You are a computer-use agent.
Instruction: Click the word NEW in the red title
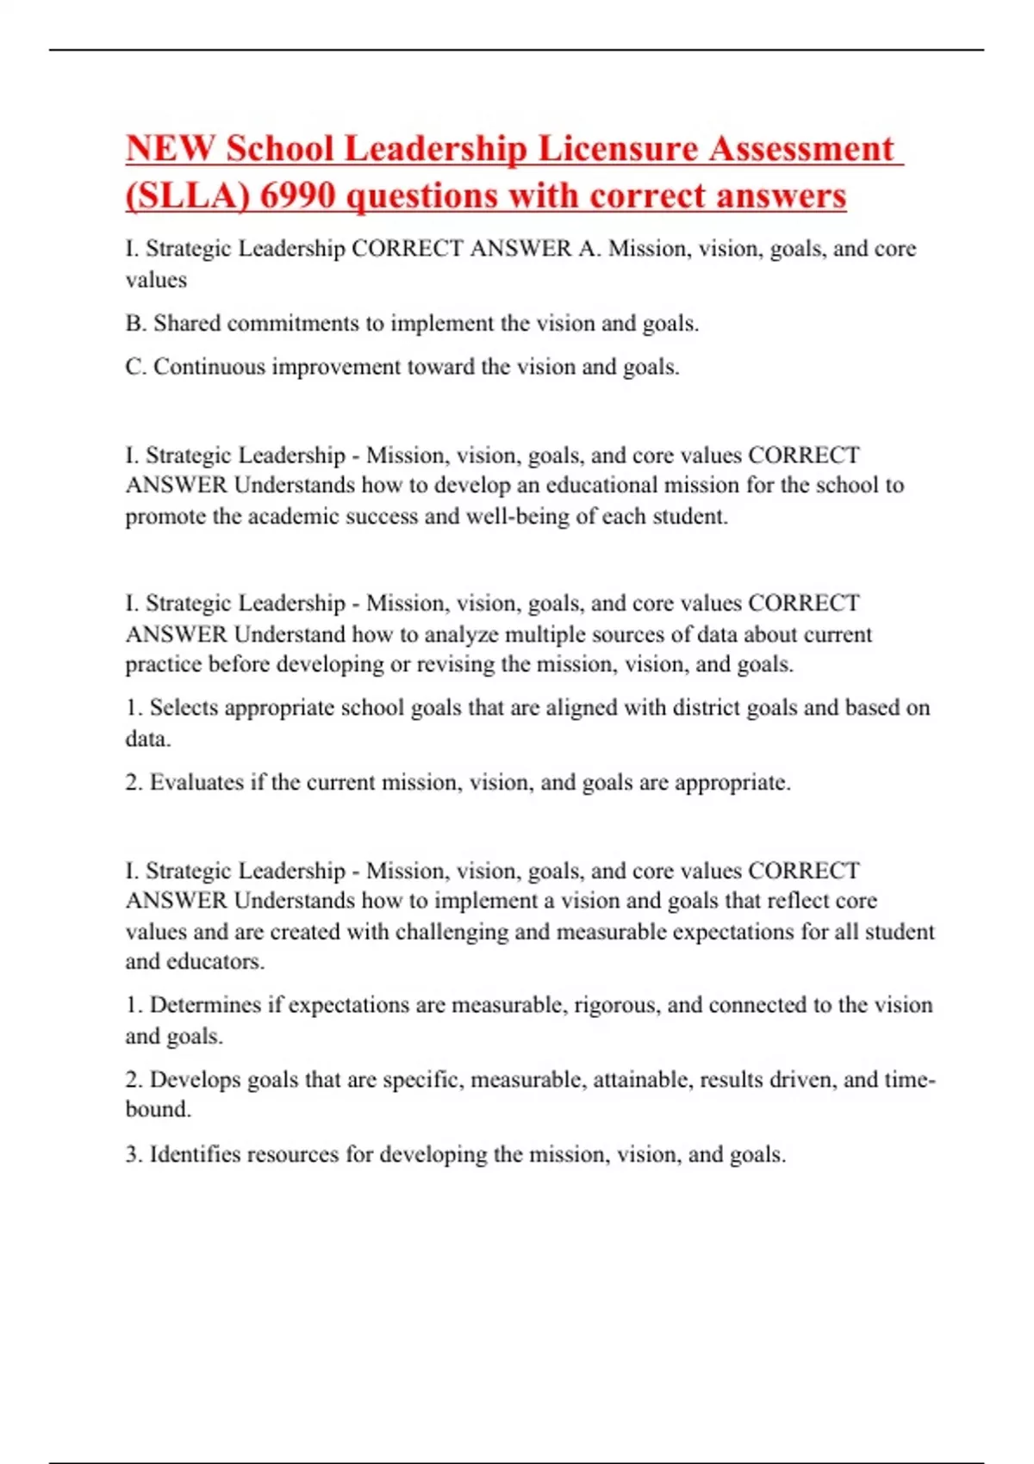pos(170,149)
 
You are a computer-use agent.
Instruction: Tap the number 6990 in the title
pos(297,196)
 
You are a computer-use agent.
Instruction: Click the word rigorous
pos(617,1006)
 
